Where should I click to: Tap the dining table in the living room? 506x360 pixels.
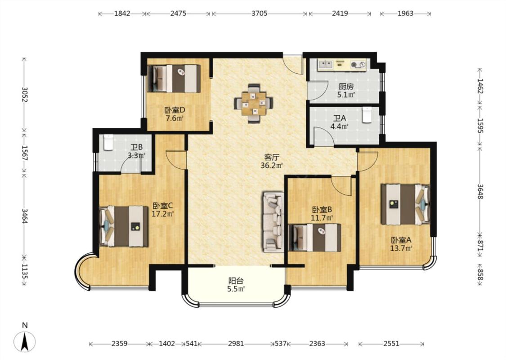tap(254, 103)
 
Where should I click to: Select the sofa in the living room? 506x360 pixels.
tap(273, 222)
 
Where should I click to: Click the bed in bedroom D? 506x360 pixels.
tap(174, 78)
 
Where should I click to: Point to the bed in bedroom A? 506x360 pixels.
tap(405, 204)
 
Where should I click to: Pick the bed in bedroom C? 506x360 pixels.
tap(124, 226)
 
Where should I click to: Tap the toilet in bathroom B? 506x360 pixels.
tap(108, 142)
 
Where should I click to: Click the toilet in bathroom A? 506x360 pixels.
tap(367, 115)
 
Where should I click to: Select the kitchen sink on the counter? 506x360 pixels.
tap(326, 64)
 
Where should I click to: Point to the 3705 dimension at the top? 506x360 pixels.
tap(260, 13)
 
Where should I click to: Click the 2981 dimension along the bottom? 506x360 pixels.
tap(236, 344)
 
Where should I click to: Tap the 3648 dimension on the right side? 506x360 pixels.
tap(480, 191)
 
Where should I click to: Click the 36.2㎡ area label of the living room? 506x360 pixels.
tap(272, 166)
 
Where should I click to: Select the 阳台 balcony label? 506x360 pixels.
tap(236, 280)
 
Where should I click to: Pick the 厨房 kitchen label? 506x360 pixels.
tap(346, 86)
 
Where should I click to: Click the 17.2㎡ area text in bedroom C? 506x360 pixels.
tap(163, 213)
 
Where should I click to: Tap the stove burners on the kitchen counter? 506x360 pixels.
tap(358, 65)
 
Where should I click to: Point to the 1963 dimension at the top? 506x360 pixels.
tap(405, 13)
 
